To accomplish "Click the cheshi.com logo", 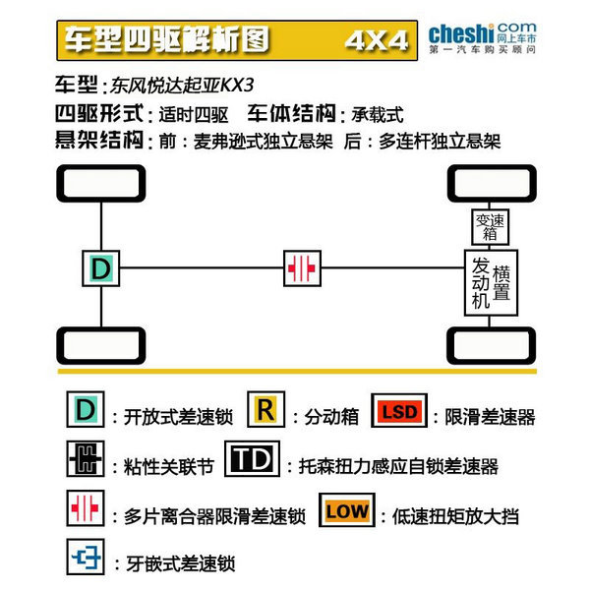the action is pyautogui.click(x=483, y=38).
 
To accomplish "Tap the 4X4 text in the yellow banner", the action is pyautogui.click(x=377, y=40).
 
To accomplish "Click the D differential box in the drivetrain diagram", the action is pyautogui.click(x=101, y=268).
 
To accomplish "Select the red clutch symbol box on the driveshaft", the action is pyautogui.click(x=302, y=268).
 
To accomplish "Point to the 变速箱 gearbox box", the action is pyautogui.click(x=491, y=227).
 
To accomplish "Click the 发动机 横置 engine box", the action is pyautogui.click(x=491, y=282).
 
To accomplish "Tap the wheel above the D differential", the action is pyautogui.click(x=101, y=183).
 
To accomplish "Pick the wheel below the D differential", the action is pyautogui.click(x=101, y=345).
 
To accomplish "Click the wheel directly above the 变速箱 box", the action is pyautogui.click(x=492, y=183).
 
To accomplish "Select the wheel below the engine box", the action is pyautogui.click(x=492, y=345).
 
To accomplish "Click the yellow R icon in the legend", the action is pyautogui.click(x=266, y=409).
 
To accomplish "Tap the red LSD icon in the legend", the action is pyautogui.click(x=399, y=410).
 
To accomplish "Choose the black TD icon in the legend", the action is pyautogui.click(x=252, y=458).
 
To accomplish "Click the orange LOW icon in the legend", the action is pyautogui.click(x=347, y=509).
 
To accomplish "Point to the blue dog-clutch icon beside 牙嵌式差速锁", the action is pyautogui.click(x=86, y=557).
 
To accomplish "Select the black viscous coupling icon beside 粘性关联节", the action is pyautogui.click(x=86, y=458).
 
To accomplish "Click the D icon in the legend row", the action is pyautogui.click(x=86, y=409).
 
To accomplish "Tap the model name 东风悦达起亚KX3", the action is pyautogui.click(x=182, y=86).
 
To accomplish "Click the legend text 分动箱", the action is pyautogui.click(x=331, y=417).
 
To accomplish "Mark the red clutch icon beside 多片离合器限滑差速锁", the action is pyautogui.click(x=86, y=508).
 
